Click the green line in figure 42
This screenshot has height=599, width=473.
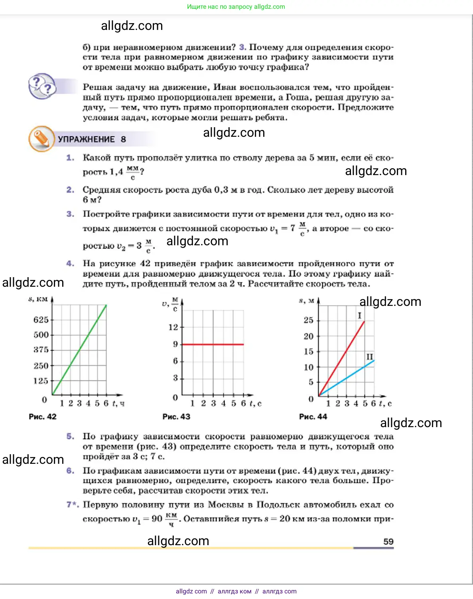[80, 349]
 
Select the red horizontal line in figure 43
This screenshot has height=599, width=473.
[212, 344]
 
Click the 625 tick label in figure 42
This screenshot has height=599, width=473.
[41, 320]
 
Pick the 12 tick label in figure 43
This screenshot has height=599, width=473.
[173, 327]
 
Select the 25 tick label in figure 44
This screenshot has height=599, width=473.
[308, 320]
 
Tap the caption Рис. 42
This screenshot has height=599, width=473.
[43, 417]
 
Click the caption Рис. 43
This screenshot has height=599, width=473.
[176, 417]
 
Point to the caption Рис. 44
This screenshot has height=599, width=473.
[313, 417]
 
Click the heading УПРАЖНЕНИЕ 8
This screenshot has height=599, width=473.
[92, 139]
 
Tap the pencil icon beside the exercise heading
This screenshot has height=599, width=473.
[41, 139]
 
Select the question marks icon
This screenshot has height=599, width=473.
[41, 86]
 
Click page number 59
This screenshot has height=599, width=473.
[388, 542]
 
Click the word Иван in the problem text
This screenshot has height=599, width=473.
[227, 87]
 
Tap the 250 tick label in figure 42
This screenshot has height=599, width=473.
[41, 366]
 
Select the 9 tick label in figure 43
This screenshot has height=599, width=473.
[175, 344]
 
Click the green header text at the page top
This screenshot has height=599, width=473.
[236, 7]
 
